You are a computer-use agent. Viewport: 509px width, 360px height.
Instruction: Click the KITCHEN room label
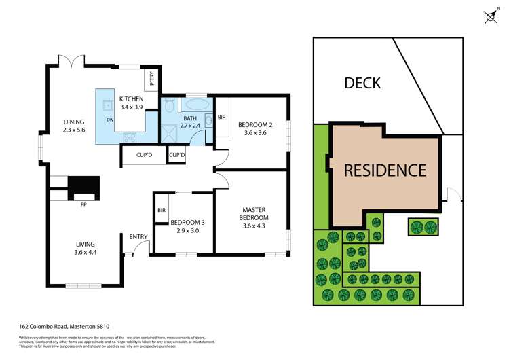(131, 99)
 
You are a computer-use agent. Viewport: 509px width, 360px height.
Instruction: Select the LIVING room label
(85, 244)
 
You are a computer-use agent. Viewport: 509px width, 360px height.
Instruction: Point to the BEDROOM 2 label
(254, 124)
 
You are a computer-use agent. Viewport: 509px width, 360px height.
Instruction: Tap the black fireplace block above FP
(83, 186)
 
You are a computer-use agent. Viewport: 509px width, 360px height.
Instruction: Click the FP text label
(83, 204)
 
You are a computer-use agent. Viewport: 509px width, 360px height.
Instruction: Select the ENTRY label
(138, 236)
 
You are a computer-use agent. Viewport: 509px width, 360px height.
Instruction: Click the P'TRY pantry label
(152, 79)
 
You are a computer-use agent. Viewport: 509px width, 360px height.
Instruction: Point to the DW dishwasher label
(109, 120)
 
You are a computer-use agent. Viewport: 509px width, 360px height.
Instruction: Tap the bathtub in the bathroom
(197, 105)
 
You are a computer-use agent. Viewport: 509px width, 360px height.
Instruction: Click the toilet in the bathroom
(170, 104)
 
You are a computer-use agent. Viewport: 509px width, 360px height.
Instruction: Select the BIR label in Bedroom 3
(162, 211)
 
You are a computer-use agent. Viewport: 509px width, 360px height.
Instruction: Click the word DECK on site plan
(362, 83)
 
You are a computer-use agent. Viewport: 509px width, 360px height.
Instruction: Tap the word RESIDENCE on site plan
(385, 170)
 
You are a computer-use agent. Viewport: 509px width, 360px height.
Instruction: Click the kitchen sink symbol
(107, 105)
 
